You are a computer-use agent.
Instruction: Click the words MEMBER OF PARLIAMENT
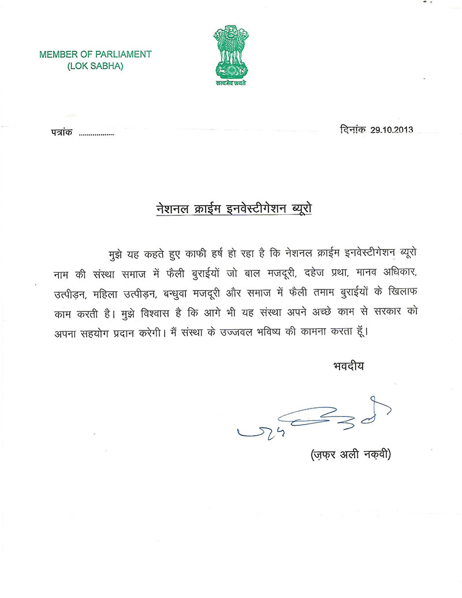95,54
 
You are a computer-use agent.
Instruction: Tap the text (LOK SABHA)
95,66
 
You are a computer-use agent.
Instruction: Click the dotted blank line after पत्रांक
96,135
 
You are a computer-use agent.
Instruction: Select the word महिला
109,293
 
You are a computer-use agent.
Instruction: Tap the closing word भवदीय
349,366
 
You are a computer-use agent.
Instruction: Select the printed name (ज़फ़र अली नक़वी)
348,455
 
